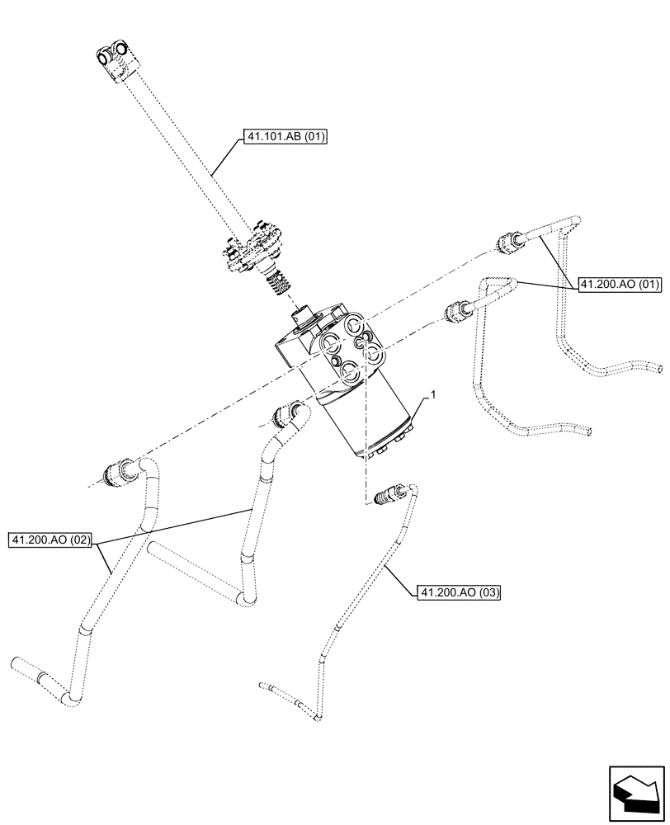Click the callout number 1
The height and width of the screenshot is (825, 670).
coord(429,398)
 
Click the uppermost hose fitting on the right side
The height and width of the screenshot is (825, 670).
coord(506,243)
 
